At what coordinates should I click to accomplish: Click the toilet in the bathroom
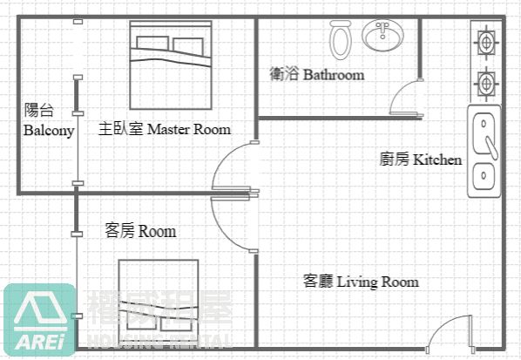pyautogui.click(x=340, y=39)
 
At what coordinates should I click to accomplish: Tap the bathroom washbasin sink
pyautogui.click(x=382, y=36)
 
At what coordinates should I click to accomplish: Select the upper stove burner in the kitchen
pyautogui.click(x=484, y=40)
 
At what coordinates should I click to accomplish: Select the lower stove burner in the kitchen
pyautogui.click(x=484, y=84)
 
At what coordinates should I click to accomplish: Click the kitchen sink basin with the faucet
pyautogui.click(x=484, y=136)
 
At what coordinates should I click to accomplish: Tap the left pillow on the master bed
pyautogui.click(x=151, y=44)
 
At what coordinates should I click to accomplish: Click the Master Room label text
pyautogui.click(x=165, y=129)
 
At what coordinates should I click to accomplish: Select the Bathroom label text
pyautogui.click(x=317, y=75)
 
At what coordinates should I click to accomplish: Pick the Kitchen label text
pyautogui.click(x=420, y=160)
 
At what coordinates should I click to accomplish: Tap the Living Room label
pyautogui.click(x=361, y=282)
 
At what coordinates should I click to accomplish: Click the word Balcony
pyautogui.click(x=49, y=130)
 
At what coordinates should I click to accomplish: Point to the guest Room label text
pyautogui.click(x=140, y=231)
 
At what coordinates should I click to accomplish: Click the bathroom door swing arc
pyautogui.click(x=402, y=96)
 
